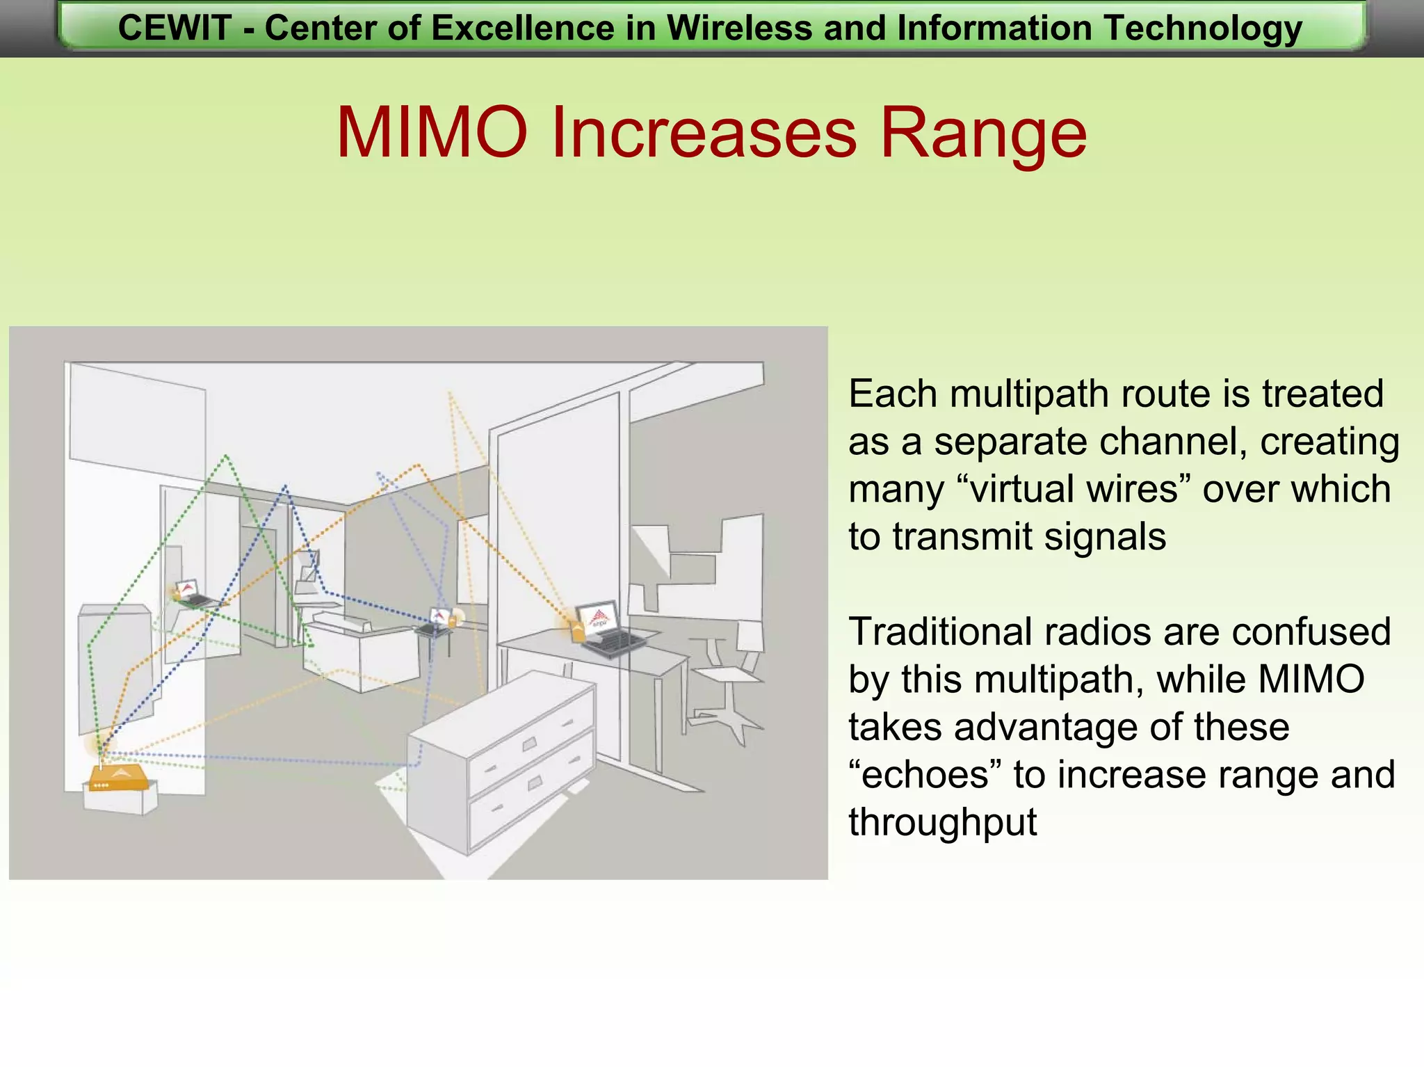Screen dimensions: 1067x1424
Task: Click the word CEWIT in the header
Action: (174, 29)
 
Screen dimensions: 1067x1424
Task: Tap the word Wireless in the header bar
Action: (740, 29)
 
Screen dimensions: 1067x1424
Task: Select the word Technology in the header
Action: (1203, 29)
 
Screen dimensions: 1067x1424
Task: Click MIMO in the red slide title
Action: (431, 132)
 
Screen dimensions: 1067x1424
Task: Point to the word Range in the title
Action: (983, 132)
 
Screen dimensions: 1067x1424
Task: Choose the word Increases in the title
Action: (703, 132)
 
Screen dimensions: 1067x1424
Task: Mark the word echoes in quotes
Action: (924, 774)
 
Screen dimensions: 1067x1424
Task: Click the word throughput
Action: (942, 822)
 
